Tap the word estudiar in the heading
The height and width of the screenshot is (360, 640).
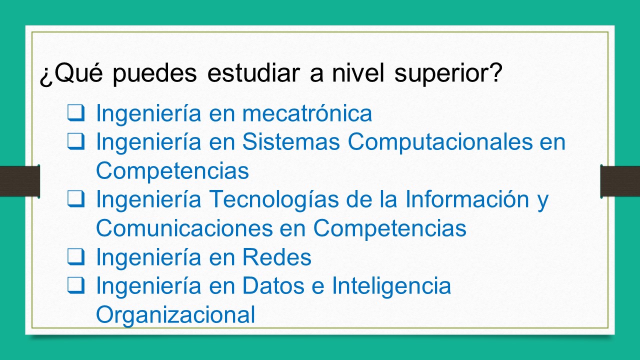tap(260, 74)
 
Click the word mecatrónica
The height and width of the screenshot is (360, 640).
tap(307, 114)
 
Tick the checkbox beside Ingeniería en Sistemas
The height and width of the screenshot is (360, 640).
tap(76, 141)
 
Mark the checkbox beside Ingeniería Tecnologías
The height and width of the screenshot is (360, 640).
tap(76, 199)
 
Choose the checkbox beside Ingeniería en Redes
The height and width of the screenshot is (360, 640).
tap(76, 256)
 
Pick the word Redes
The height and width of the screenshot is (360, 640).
tap(277, 257)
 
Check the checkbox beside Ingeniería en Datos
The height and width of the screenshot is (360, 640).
tap(76, 285)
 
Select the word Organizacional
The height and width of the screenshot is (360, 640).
tap(175, 315)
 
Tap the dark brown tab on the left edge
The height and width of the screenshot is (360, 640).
tap(19, 181)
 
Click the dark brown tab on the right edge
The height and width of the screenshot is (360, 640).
tap(620, 181)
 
